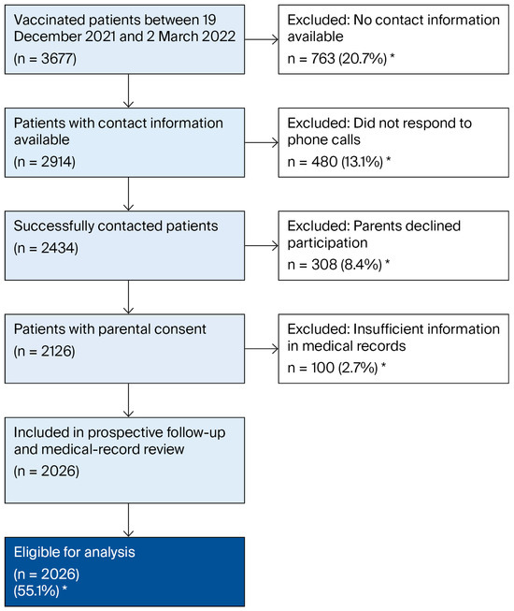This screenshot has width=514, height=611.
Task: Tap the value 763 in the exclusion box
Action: pos(323,59)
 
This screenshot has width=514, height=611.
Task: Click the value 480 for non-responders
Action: pos(324,162)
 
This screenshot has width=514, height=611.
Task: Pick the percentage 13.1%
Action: pos(363,162)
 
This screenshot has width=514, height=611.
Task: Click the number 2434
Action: pos(58,248)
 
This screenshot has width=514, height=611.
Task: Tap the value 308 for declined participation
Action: pos(323,265)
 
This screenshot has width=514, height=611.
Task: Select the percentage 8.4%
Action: pos(362,265)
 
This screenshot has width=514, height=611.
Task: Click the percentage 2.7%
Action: pos(358,368)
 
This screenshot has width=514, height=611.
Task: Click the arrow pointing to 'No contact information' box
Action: pos(262,39)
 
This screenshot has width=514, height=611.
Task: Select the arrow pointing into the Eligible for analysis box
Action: pos(128,520)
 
